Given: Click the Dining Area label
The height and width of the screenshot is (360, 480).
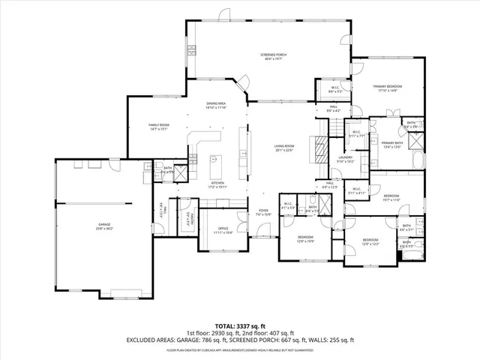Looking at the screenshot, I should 216,106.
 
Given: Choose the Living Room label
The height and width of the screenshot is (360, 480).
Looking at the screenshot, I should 283,148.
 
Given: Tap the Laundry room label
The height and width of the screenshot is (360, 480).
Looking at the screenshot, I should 344,159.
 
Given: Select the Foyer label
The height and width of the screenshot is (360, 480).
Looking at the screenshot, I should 263,212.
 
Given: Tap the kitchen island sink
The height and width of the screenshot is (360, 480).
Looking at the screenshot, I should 213,159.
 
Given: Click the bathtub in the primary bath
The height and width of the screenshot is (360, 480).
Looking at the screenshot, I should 418,160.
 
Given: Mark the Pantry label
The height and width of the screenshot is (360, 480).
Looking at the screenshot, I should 191,219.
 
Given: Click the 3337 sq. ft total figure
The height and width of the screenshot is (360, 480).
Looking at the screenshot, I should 250,326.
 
